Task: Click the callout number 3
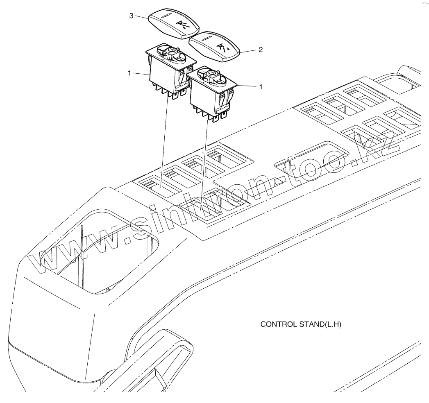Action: point(131,16)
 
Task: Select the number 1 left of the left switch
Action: point(129,73)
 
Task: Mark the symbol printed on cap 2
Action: point(222,47)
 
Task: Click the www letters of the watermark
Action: point(78,254)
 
